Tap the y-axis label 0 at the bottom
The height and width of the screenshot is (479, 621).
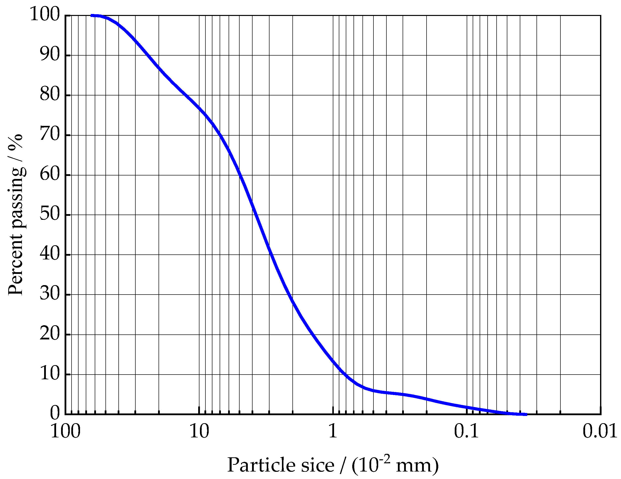coord(55,414)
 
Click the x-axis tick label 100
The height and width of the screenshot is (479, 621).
coord(65,432)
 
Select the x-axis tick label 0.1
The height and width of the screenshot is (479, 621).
coord(467,432)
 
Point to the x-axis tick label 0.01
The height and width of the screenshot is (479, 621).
coord(600,432)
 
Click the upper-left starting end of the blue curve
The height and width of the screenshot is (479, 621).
coord(91,15)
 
